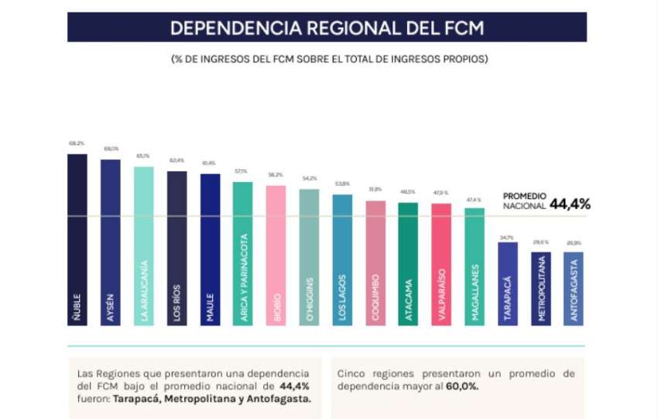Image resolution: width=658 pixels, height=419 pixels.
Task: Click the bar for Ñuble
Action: coord(77,240)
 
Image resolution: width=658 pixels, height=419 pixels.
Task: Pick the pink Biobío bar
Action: coord(276,256)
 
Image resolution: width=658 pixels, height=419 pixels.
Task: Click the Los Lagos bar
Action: coord(342,260)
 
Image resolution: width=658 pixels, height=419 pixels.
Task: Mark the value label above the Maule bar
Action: coord(209,163)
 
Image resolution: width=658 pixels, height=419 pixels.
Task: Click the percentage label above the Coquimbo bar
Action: coord(375,189)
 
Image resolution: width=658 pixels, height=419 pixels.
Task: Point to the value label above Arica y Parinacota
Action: coord(242,171)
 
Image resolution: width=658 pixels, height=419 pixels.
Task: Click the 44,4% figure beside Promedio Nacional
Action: coord(571,204)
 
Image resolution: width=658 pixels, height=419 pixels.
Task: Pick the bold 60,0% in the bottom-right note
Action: coord(462,386)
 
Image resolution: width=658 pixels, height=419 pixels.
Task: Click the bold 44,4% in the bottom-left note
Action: coord(293,386)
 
